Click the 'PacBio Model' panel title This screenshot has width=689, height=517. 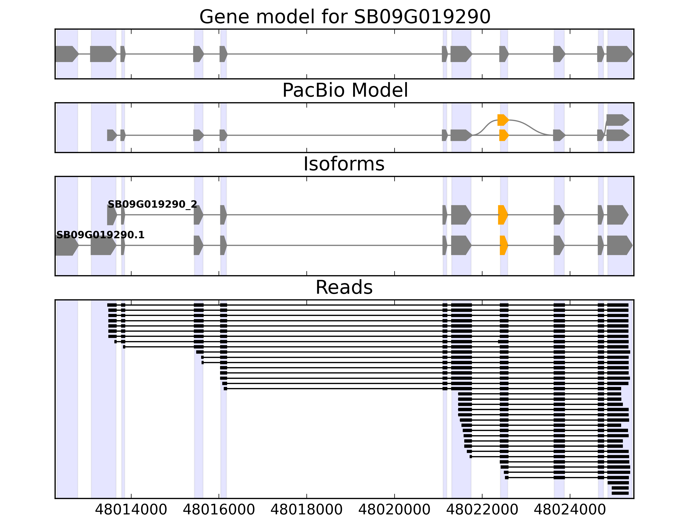click(345, 90)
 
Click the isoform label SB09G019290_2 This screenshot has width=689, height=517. click(152, 204)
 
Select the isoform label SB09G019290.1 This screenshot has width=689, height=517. click(100, 235)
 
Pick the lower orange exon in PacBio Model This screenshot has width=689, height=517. click(504, 135)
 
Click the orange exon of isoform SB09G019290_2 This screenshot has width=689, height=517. click(502, 215)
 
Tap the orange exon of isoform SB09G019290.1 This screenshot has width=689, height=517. click(503, 245)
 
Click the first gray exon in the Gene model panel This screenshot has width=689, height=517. click(66, 54)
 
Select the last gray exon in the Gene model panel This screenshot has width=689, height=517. click(619, 54)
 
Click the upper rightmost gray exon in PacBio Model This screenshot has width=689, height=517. click(617, 120)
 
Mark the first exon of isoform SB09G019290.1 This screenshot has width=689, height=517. click(66, 245)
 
